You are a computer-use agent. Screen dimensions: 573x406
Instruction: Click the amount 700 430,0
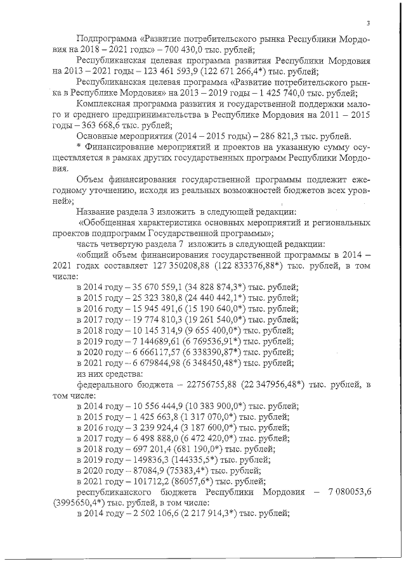click(183, 51)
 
